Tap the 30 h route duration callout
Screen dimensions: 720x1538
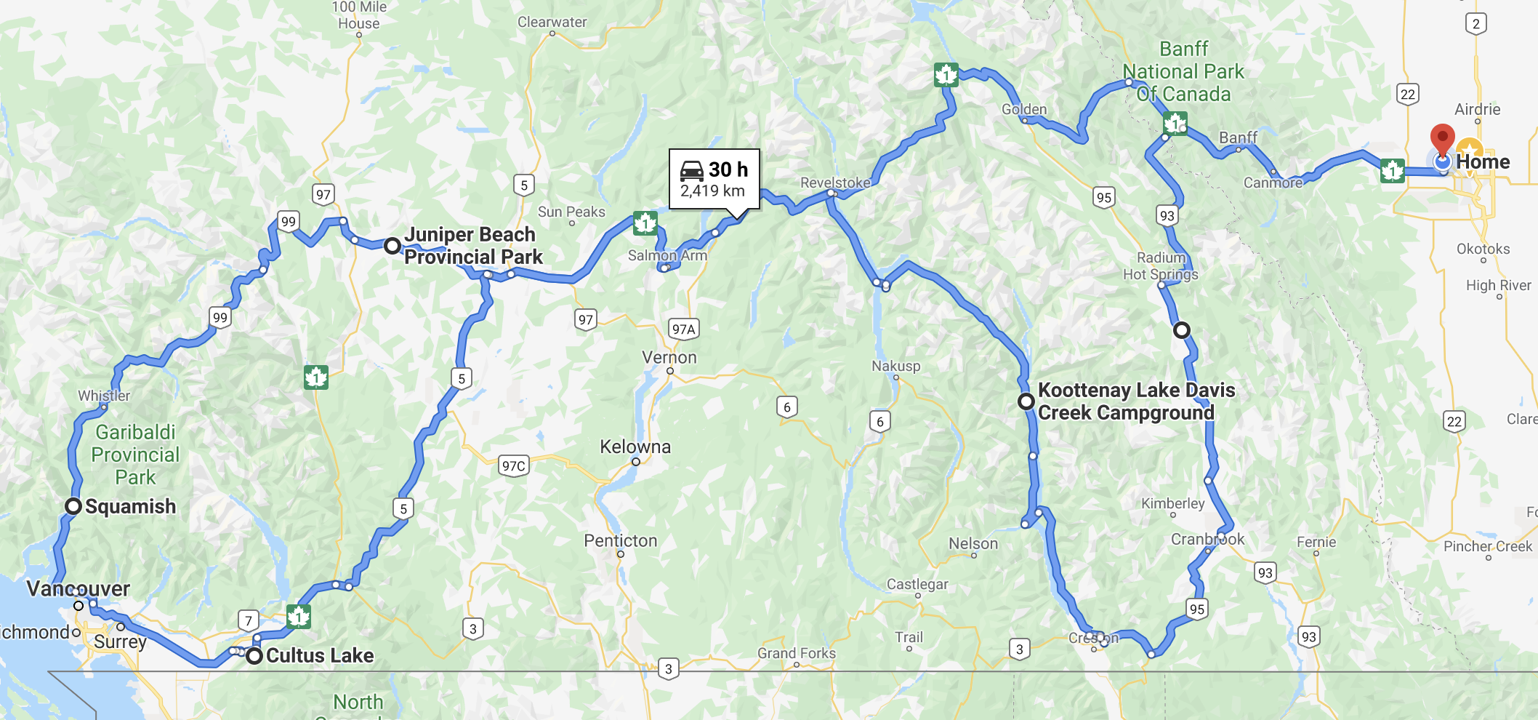[x=714, y=179]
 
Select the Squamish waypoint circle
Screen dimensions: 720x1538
[x=73, y=506]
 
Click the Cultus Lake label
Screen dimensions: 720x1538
[x=320, y=656]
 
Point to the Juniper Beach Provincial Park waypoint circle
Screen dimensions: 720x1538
[x=392, y=246]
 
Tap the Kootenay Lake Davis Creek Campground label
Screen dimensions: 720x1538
[x=1135, y=401]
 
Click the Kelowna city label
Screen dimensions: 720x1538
[x=635, y=447]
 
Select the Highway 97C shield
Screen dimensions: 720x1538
[x=513, y=466]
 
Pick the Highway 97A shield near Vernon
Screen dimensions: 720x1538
[x=683, y=329]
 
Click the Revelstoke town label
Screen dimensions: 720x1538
[x=835, y=183]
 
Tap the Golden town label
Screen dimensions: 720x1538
[x=1024, y=109]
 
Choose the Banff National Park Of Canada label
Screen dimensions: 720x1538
[x=1183, y=71]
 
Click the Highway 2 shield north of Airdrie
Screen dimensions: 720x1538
[x=1475, y=24]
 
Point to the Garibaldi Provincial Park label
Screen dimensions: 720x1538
[x=135, y=455]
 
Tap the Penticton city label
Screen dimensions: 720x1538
[x=620, y=541]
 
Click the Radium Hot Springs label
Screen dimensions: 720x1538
[x=1161, y=265]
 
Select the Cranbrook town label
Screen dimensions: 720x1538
[x=1207, y=539]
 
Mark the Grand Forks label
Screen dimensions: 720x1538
[x=797, y=653]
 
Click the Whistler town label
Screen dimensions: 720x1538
[x=104, y=396]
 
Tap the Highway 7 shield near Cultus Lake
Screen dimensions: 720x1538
[x=249, y=620]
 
